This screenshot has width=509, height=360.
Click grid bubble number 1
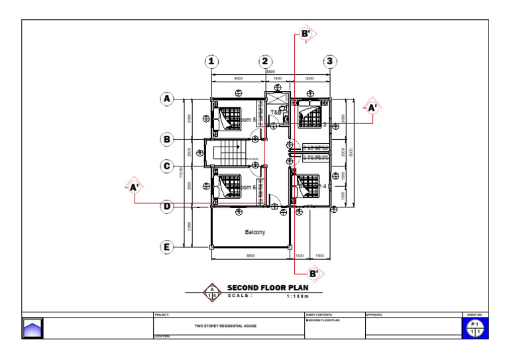[211, 62]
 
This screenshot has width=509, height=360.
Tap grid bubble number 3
[329, 62]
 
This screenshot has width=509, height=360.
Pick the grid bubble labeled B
[168, 139]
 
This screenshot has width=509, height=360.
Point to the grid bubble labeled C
[168, 166]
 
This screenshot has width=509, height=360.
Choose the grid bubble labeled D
[168, 206]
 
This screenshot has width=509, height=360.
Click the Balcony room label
[254, 232]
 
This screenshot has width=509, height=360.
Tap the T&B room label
[276, 113]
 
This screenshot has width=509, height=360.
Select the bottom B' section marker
[313, 272]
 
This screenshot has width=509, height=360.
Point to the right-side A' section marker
[372, 106]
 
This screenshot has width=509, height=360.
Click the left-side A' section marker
[134, 188]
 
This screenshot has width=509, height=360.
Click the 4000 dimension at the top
[238, 78]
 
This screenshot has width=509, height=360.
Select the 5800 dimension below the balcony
[251, 255]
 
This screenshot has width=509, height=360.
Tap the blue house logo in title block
[32, 328]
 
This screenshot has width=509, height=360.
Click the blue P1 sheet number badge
[475, 327]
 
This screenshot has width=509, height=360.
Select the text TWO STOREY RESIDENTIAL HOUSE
[225, 326]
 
